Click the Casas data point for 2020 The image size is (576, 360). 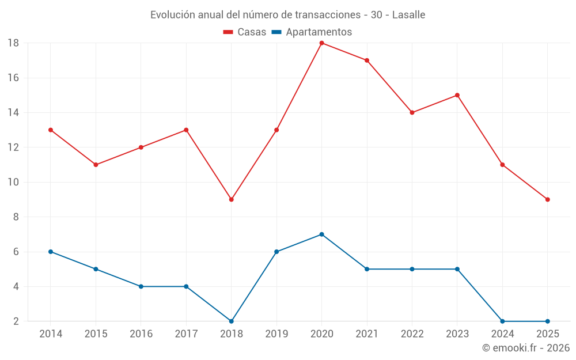pyautogui.click(x=321, y=43)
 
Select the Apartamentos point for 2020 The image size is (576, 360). pyautogui.click(x=321, y=234)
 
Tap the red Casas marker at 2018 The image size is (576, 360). pyautogui.click(x=231, y=199)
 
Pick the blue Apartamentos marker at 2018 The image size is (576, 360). pyautogui.click(x=231, y=321)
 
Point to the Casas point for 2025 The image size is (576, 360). pyautogui.click(x=547, y=199)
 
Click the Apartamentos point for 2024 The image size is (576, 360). pyautogui.click(x=502, y=321)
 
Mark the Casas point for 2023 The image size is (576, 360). pyautogui.click(x=457, y=95)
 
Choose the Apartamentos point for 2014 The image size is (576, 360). pyautogui.click(x=51, y=252)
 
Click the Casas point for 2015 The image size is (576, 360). pyautogui.click(x=96, y=165)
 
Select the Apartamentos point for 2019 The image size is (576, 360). pyautogui.click(x=276, y=252)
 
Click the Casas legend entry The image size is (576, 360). pyautogui.click(x=245, y=32)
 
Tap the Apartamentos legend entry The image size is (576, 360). pyautogui.click(x=312, y=32)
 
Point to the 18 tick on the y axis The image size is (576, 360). pyautogui.click(x=13, y=43)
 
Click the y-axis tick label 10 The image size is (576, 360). pyautogui.click(x=13, y=182)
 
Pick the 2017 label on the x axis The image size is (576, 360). pyautogui.click(x=186, y=334)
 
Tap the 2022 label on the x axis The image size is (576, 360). pyautogui.click(x=412, y=334)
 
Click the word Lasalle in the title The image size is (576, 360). pyautogui.click(x=408, y=15)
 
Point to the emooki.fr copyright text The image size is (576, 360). pyautogui.click(x=526, y=348)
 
